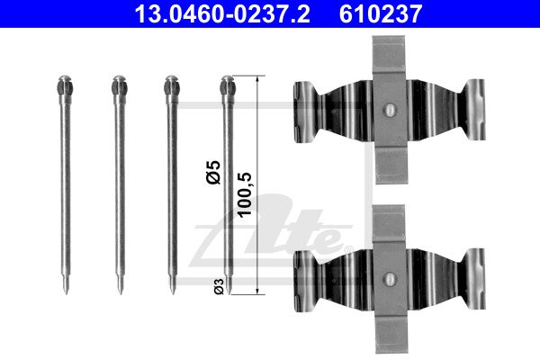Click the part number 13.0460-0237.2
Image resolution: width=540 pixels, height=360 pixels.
point(222,13)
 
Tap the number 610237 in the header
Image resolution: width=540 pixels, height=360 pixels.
point(380,13)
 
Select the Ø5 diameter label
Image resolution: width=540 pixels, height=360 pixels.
point(213,173)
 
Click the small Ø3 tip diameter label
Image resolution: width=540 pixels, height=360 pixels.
point(219,286)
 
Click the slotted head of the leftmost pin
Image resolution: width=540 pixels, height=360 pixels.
point(65,85)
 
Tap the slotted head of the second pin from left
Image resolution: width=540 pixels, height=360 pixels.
point(119,85)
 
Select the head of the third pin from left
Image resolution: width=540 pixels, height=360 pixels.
point(172,85)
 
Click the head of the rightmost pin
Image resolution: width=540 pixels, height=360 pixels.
point(228,85)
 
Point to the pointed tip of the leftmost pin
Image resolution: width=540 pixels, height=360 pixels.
point(67,293)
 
